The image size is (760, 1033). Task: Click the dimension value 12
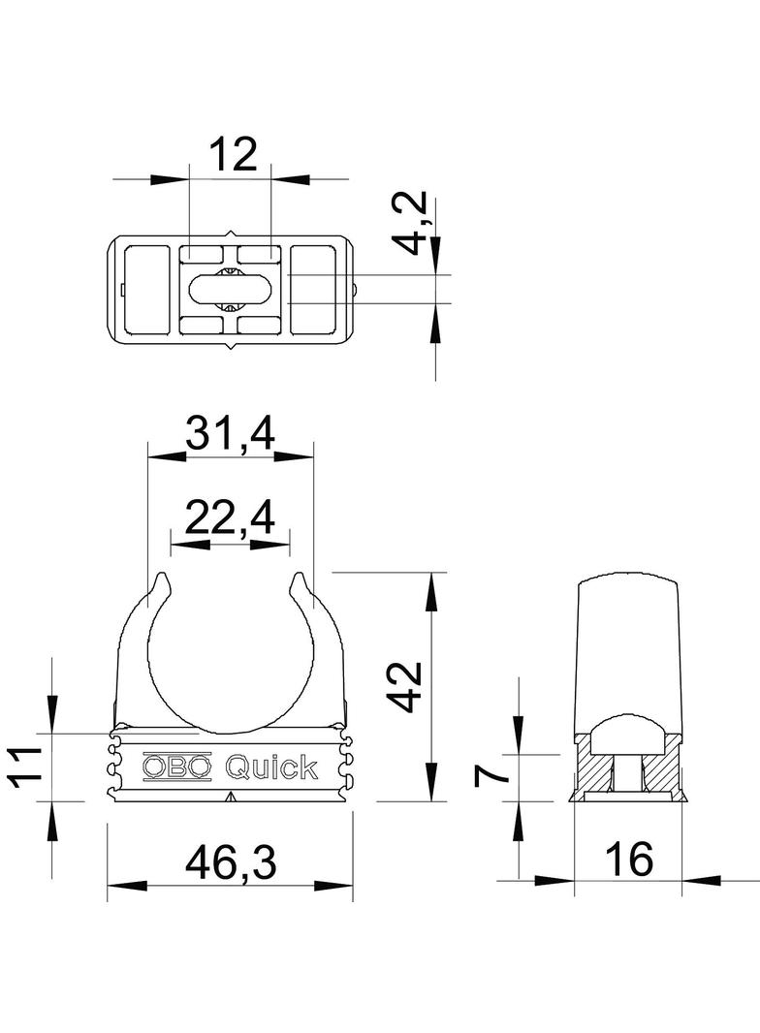point(233,155)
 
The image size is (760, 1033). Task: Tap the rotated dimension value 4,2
point(415,223)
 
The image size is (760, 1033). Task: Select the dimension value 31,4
point(230,433)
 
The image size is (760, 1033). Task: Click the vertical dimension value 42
point(403,686)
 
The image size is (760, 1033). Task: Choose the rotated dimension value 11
point(24,767)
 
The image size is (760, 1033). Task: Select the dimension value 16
point(629,859)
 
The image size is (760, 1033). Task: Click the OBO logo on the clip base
point(177,766)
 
